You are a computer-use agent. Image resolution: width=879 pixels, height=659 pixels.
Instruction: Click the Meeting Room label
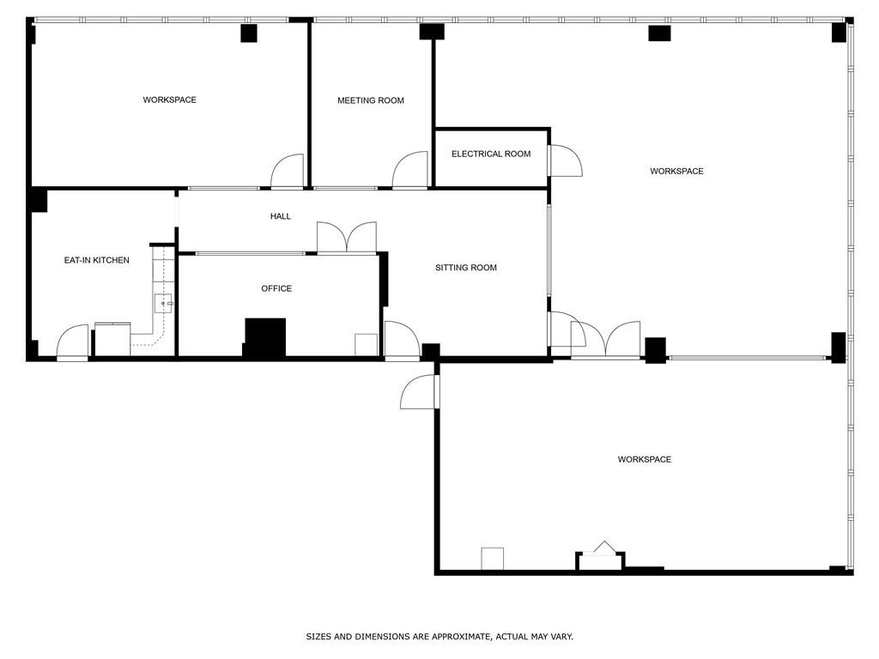(371, 100)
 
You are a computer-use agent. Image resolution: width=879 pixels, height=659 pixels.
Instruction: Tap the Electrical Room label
(491, 154)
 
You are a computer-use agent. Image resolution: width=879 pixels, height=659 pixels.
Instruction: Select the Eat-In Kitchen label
(96, 260)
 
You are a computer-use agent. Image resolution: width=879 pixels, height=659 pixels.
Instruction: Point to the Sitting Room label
(466, 268)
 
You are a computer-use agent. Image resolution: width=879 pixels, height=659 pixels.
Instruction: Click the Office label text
(276, 288)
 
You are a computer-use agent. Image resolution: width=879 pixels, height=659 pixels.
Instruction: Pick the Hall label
(281, 215)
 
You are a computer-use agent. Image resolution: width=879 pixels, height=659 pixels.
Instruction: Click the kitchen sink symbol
(163, 303)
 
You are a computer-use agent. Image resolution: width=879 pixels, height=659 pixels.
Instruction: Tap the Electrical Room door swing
(566, 160)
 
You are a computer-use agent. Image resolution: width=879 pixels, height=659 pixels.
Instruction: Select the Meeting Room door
(409, 170)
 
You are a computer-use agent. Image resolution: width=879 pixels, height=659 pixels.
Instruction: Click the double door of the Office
(347, 238)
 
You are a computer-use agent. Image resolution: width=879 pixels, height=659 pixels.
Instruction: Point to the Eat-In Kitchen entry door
(73, 342)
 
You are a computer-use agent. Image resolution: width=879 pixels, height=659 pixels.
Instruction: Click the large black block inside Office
(265, 336)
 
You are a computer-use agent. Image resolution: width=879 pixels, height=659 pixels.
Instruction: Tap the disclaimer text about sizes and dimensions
(439, 637)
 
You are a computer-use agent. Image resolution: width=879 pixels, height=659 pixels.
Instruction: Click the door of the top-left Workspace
(288, 171)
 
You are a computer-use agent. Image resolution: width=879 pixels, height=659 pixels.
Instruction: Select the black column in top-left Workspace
(249, 33)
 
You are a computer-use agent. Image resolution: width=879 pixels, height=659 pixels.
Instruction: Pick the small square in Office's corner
(366, 345)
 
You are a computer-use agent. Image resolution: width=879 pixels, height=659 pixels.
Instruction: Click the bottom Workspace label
(644, 459)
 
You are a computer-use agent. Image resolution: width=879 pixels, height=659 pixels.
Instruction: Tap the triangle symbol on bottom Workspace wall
(604, 547)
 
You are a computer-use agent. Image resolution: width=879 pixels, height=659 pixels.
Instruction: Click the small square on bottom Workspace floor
(492, 559)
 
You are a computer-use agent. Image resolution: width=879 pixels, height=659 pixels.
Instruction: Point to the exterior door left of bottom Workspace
(419, 391)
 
